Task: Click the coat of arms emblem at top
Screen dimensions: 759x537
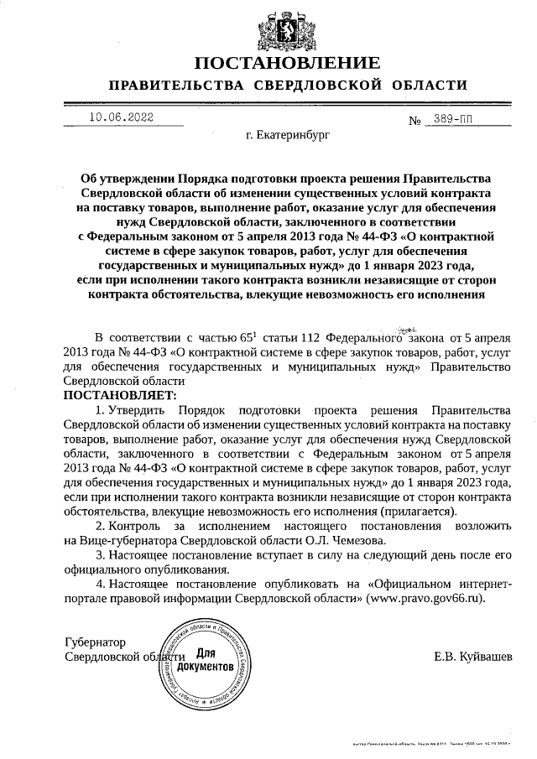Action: (287, 28)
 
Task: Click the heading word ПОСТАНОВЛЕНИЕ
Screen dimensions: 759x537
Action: (287, 63)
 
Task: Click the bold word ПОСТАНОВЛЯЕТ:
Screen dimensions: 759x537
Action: (120, 394)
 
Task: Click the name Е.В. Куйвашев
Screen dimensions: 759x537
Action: (472, 656)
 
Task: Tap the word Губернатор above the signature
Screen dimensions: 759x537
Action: (94, 642)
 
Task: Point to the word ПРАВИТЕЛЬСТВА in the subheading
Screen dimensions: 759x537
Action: (166, 86)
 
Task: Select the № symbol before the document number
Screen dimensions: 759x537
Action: (414, 121)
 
